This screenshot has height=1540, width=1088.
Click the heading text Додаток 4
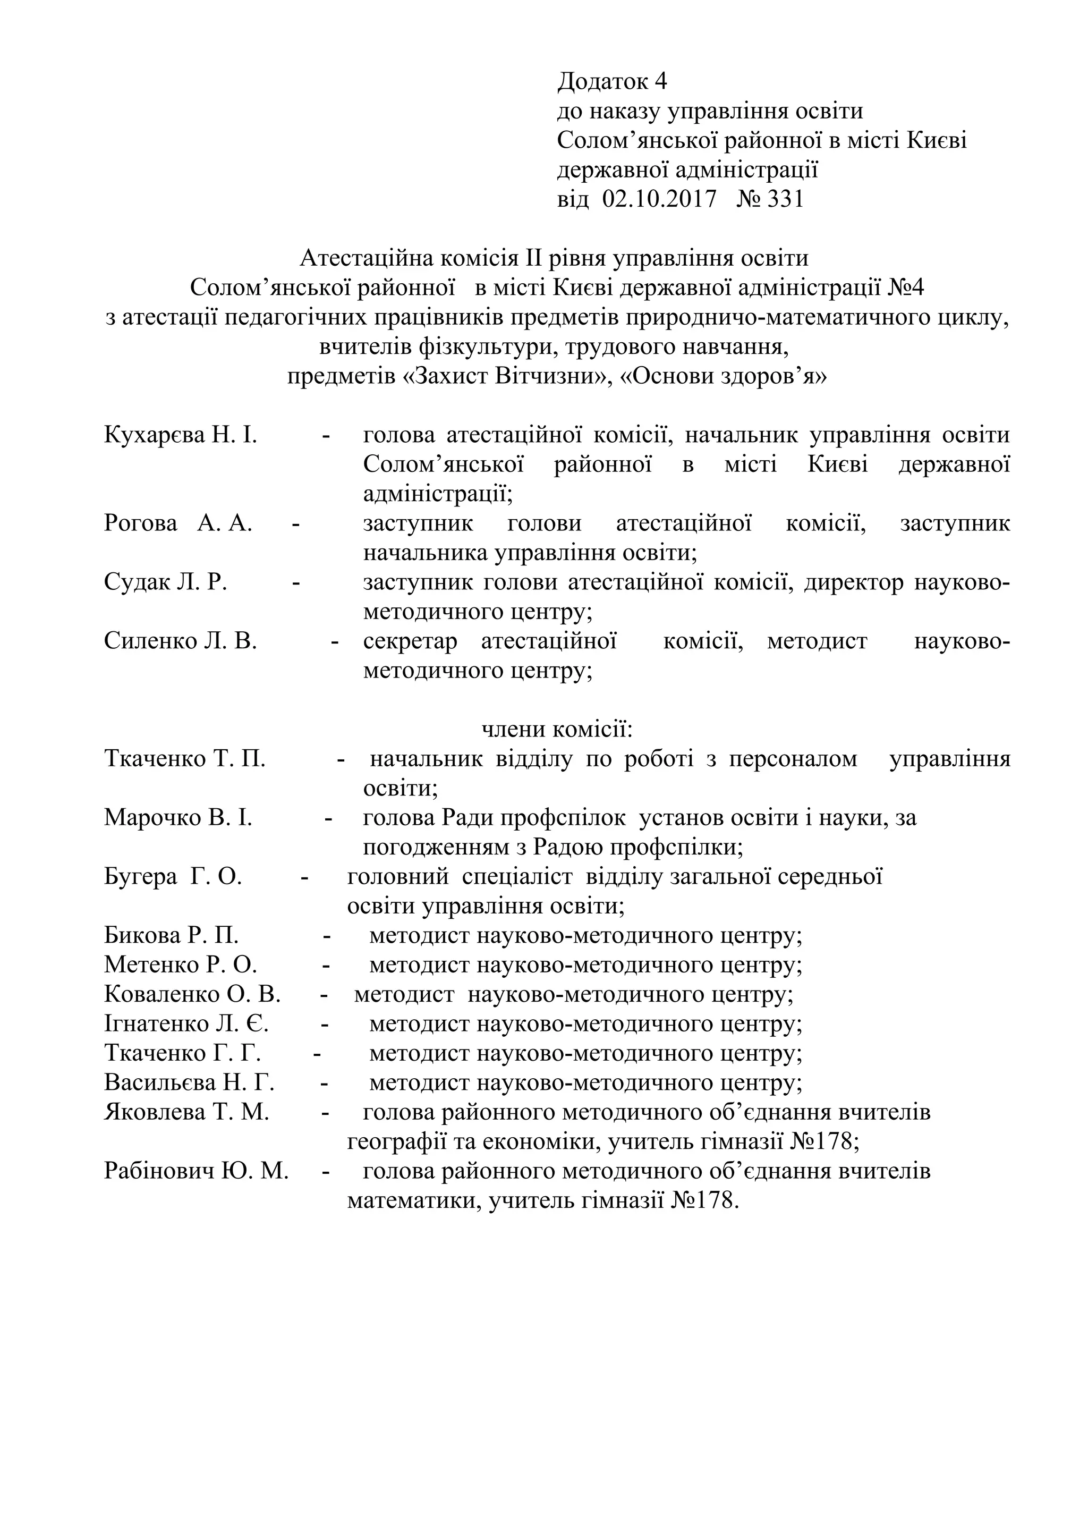(x=612, y=82)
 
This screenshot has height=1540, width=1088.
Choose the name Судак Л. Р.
(x=166, y=582)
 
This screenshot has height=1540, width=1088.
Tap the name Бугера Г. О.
(x=173, y=877)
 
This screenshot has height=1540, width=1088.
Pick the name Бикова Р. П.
(x=171, y=936)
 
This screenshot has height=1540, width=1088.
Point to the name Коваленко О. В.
(x=192, y=994)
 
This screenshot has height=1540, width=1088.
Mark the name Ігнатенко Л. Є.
(x=186, y=1024)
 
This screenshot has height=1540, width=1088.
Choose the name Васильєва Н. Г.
(x=189, y=1082)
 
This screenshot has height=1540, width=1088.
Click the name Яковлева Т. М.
(x=186, y=1112)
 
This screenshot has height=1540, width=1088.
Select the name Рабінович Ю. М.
(x=195, y=1171)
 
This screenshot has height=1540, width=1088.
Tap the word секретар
(x=410, y=641)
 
